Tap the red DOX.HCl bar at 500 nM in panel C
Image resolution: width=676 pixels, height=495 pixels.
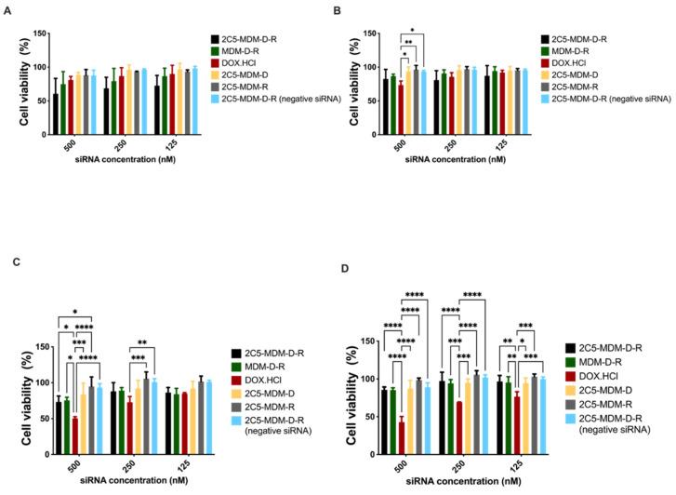pos(74,437)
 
